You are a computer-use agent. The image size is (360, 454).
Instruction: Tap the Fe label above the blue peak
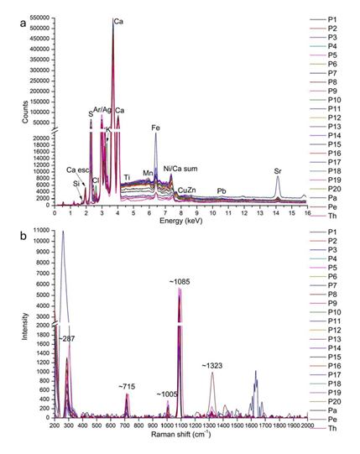(155, 128)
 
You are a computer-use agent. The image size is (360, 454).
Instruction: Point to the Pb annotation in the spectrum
(221, 191)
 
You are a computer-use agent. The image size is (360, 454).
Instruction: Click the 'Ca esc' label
(78, 170)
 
